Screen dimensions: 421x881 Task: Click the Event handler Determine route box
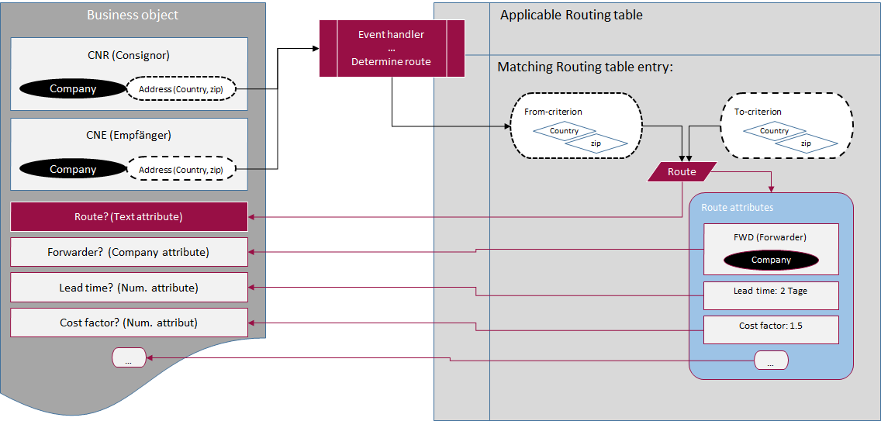(392, 48)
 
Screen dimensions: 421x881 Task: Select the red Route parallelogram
(682, 172)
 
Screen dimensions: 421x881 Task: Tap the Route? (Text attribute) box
(129, 217)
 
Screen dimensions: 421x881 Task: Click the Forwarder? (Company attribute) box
(129, 252)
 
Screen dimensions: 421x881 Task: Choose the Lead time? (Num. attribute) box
(129, 288)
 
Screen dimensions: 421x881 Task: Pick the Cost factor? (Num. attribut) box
(129, 323)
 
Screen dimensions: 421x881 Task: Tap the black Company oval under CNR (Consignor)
(73, 89)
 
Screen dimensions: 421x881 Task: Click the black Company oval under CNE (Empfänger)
(73, 169)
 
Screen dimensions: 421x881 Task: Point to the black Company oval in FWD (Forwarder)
(771, 260)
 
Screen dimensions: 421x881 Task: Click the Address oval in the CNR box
(181, 89)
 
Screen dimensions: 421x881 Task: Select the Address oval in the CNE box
(181, 169)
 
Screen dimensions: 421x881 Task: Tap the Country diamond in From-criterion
(565, 131)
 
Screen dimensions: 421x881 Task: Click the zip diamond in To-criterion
(806, 143)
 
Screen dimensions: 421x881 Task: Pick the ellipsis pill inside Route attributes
(771, 361)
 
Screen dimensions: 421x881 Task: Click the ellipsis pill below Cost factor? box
(130, 357)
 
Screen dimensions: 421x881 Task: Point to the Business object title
(133, 15)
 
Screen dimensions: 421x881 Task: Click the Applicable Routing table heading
(572, 15)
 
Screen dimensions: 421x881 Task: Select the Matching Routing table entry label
(585, 67)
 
